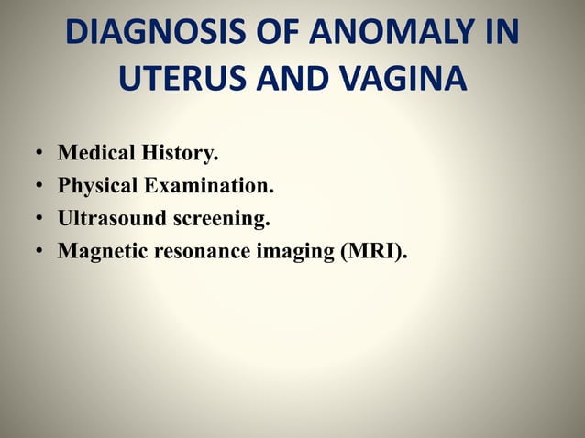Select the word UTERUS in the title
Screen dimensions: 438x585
click(x=180, y=80)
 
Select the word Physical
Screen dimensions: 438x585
click(x=98, y=187)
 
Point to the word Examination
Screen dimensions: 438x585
click(x=208, y=187)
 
